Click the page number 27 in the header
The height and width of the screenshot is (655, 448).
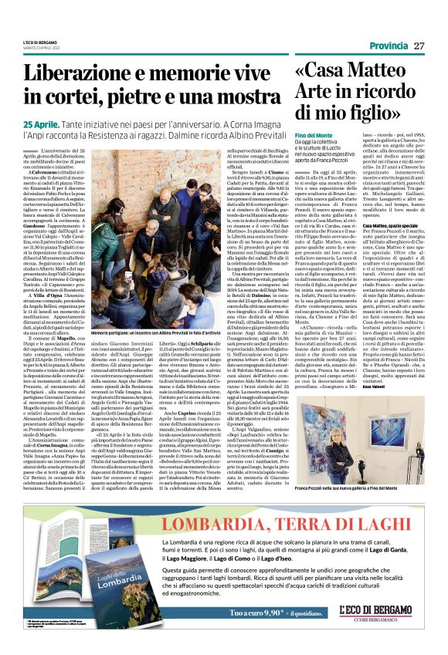(419, 46)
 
